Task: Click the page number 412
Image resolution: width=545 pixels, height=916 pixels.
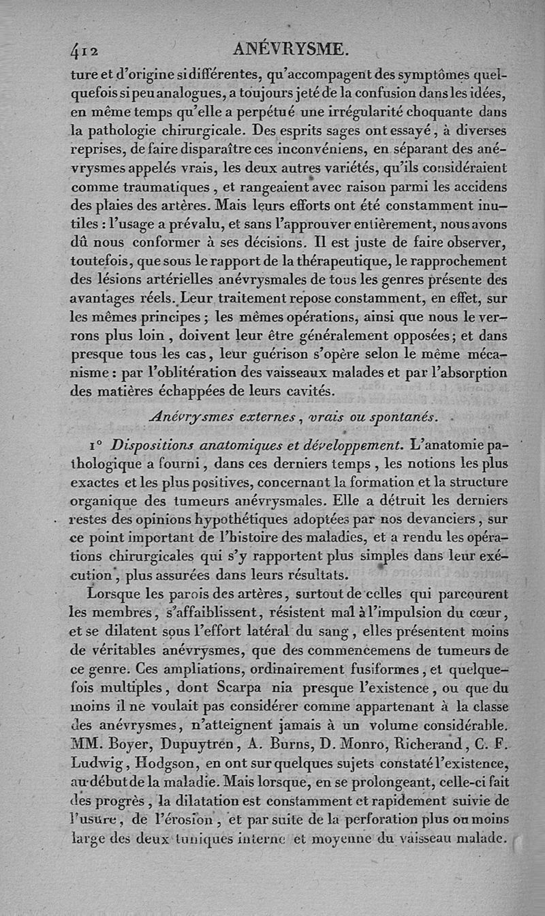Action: coord(85,49)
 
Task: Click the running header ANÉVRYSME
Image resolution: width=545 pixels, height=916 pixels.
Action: coord(290,48)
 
